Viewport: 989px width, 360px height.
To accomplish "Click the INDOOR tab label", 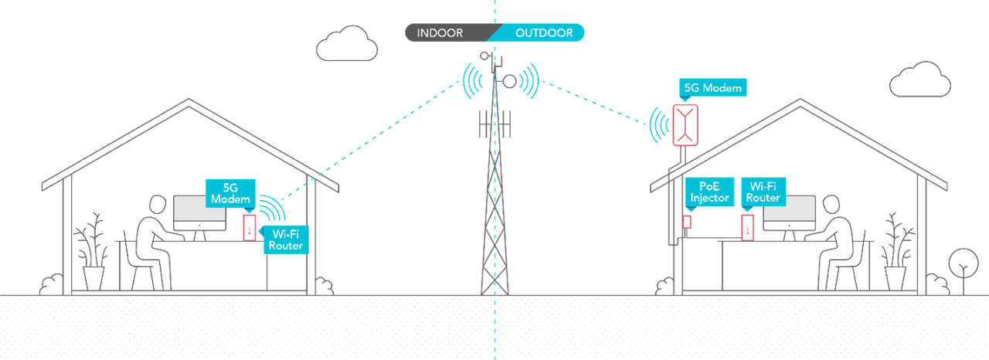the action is point(440,33).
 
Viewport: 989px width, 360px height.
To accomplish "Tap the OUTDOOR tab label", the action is point(544,33).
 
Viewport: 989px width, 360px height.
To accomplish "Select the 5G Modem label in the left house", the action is point(230,193).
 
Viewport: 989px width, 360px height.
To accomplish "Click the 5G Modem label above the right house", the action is point(712,88).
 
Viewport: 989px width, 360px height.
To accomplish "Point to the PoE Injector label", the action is point(709,192).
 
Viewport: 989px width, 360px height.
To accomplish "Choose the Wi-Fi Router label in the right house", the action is point(763,192).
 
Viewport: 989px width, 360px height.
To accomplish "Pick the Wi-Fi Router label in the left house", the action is point(285,239).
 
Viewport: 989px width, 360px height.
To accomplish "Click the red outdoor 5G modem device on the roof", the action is point(685,125).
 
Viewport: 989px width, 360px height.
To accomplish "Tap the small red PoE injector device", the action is point(687,222).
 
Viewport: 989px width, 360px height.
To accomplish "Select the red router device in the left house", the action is point(249,227).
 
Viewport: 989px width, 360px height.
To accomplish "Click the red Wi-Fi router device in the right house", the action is point(747,227).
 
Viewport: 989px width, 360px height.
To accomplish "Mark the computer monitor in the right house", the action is point(790,209).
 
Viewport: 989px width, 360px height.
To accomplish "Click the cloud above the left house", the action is point(347,44).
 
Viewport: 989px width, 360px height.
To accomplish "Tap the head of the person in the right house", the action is point(831,206).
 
